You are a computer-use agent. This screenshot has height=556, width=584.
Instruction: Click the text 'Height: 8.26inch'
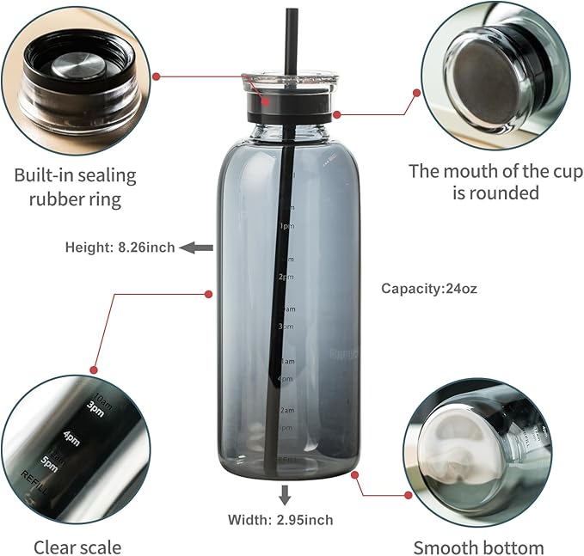[120, 247]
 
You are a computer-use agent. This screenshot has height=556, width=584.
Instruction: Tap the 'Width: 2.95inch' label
[280, 519]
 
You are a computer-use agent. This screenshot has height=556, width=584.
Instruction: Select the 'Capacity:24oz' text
[429, 289]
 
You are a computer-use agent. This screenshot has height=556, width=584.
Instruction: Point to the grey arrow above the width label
[285, 494]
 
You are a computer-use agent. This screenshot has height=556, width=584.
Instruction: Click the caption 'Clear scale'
[77, 547]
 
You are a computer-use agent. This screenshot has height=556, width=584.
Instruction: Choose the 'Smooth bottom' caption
[478, 547]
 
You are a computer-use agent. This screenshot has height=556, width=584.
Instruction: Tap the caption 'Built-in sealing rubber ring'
[75, 187]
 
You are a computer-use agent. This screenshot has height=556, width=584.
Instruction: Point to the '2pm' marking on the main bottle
[286, 277]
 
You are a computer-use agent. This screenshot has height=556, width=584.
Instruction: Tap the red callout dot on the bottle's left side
[208, 294]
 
